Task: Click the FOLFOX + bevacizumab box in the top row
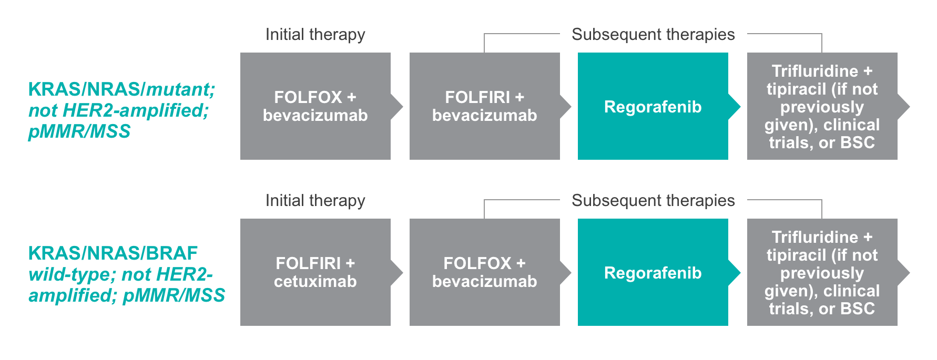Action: coord(315,106)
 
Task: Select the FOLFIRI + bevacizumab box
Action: coord(484,106)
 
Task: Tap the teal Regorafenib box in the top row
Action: coord(653,107)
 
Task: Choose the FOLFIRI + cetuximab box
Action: coord(315,272)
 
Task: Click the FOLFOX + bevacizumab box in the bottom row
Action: coord(484,272)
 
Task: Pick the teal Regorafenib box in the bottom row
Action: coord(653,273)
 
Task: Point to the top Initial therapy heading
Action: coord(315,35)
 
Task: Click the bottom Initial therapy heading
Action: coord(315,201)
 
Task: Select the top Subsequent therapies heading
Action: coord(653,35)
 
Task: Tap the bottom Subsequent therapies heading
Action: coord(653,201)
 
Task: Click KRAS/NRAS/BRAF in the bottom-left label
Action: coord(113,253)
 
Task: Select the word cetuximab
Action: coord(315,282)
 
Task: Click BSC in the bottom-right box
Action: coord(857,308)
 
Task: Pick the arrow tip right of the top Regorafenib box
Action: coord(736,107)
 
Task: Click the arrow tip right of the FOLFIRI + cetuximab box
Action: coord(399,272)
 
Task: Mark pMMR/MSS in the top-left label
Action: coord(79,131)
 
